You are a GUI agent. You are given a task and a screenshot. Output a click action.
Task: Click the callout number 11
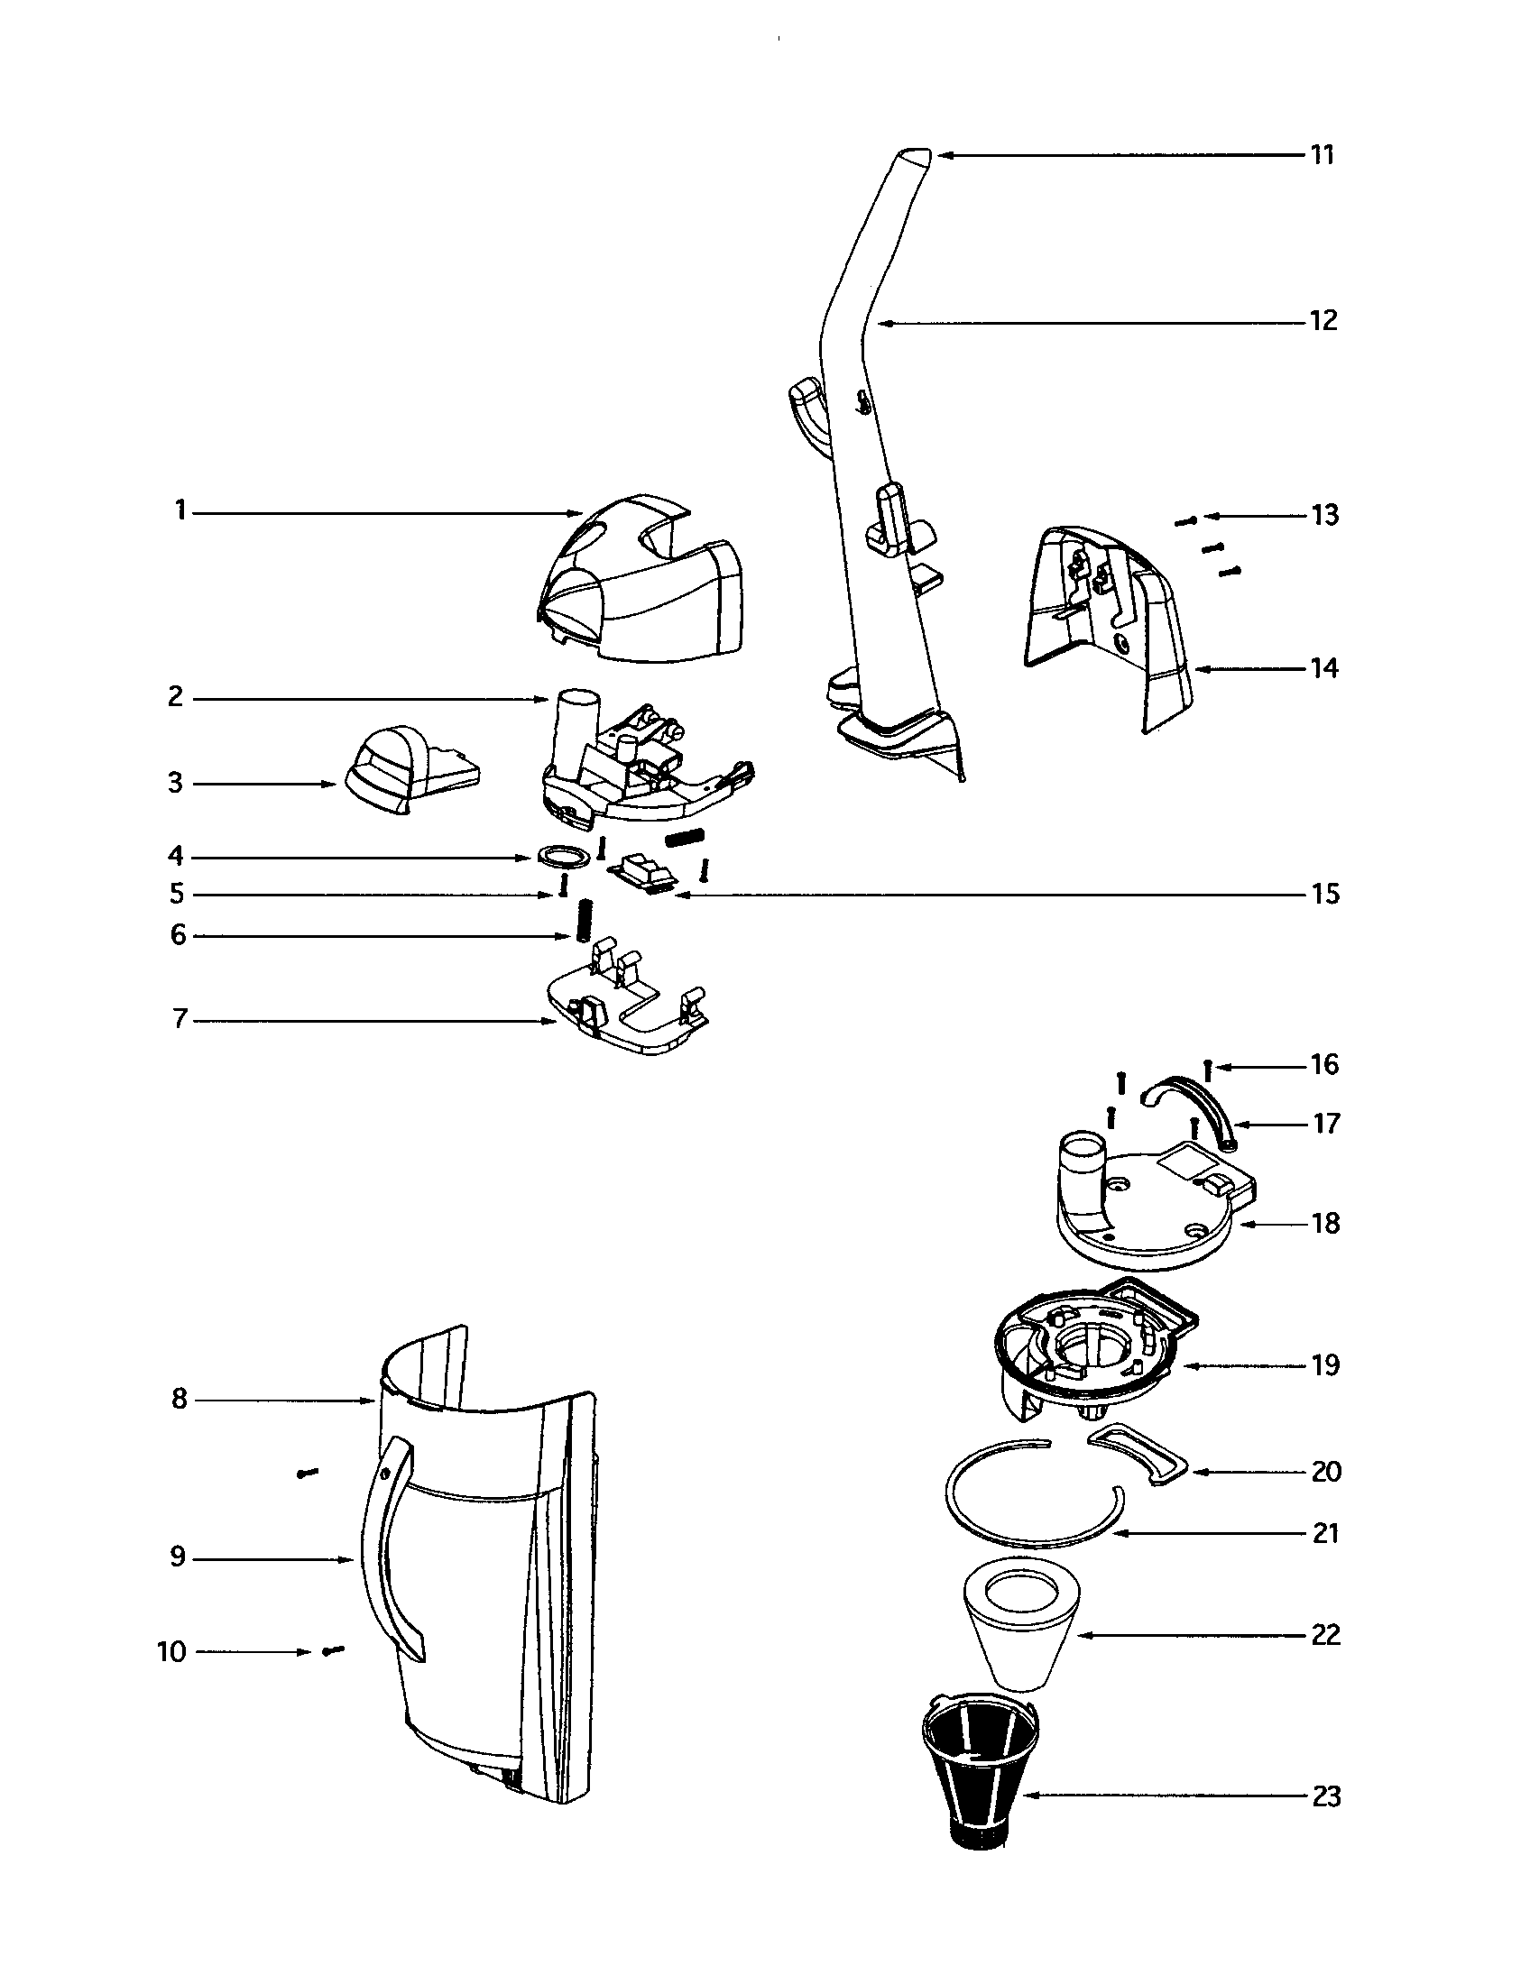pyautogui.click(x=1322, y=155)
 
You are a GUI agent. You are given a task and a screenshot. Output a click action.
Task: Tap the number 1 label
pyautogui.click(x=180, y=511)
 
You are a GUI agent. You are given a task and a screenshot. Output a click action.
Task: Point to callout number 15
pyautogui.click(x=1324, y=894)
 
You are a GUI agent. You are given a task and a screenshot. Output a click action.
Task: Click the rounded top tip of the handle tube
pyautogui.click(x=912, y=154)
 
